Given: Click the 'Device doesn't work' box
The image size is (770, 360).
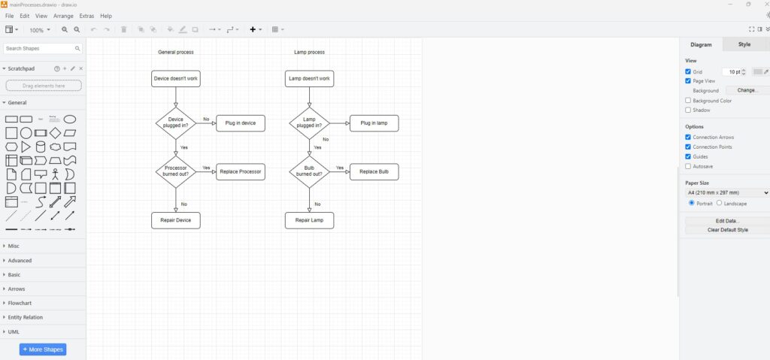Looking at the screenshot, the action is click(176, 79).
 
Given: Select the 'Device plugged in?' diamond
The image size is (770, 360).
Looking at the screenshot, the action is click(176, 123).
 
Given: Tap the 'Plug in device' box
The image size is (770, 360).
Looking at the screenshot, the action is click(241, 123).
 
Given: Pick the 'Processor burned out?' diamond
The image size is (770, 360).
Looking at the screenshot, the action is click(176, 171).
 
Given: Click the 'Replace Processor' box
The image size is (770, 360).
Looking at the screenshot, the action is click(241, 172).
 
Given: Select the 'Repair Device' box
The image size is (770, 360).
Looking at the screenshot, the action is click(176, 220).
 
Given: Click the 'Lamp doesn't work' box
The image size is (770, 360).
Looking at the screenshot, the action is click(309, 79).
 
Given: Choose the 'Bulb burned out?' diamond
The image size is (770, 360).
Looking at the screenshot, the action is click(309, 171).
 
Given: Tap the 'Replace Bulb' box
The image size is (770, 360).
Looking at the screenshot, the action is click(374, 172).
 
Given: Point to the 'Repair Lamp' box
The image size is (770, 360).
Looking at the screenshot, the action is click(309, 220).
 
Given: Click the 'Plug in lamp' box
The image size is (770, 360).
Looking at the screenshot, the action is click(374, 123).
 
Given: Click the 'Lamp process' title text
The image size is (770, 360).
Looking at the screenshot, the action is click(309, 52).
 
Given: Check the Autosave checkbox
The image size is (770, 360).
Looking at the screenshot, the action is click(688, 167).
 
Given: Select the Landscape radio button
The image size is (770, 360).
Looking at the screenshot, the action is click(719, 203).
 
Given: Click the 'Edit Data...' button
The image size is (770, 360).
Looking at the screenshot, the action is click(727, 221).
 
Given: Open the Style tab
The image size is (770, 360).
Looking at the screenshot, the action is click(744, 44).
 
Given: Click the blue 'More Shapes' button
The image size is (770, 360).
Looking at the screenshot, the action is click(43, 349).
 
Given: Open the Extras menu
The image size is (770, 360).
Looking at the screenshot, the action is click(86, 16).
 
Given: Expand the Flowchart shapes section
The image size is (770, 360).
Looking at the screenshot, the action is click(20, 303).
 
